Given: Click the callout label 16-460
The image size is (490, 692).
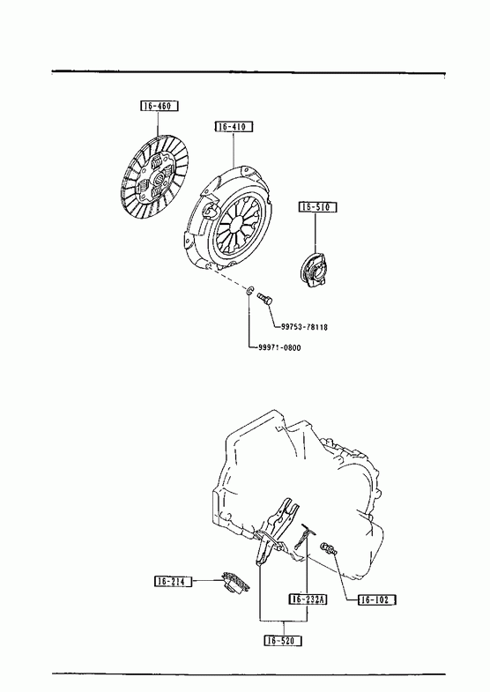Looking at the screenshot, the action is pos(160,106).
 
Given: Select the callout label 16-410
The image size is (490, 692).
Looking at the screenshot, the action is pos(234,127).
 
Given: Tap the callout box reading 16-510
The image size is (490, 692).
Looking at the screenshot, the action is pos(317,206).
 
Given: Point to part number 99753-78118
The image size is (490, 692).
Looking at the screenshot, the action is pos(304,327).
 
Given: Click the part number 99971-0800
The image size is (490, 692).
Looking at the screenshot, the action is pos(279,348).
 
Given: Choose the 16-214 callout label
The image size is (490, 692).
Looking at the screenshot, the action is pos(174,581).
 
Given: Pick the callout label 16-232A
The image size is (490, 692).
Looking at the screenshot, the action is pos(308,599).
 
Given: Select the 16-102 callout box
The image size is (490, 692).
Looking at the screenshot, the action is pos(376,599).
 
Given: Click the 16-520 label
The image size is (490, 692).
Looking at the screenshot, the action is pos(283,640).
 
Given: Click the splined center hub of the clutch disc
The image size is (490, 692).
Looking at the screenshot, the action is pos(158,178).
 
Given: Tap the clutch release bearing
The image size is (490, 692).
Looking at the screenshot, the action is pos(315,270).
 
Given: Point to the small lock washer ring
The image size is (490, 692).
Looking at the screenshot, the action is pos(249,290).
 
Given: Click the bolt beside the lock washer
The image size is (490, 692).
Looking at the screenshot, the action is pos(264,298).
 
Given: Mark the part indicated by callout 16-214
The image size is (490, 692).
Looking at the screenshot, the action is pos(235,581).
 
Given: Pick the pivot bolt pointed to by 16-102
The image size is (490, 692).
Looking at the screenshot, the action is pos(329,549).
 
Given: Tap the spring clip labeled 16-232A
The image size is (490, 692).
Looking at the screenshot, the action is pos(304,535).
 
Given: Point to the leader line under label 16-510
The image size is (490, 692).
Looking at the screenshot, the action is pos(316,232).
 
